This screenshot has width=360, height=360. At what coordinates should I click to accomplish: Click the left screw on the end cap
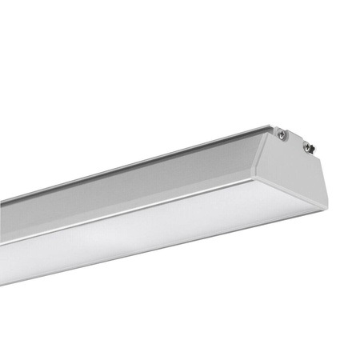[x=282, y=135]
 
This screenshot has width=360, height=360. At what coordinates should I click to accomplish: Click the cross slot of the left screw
[x=282, y=135]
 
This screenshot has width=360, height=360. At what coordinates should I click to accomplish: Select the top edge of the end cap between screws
[x=294, y=138]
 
